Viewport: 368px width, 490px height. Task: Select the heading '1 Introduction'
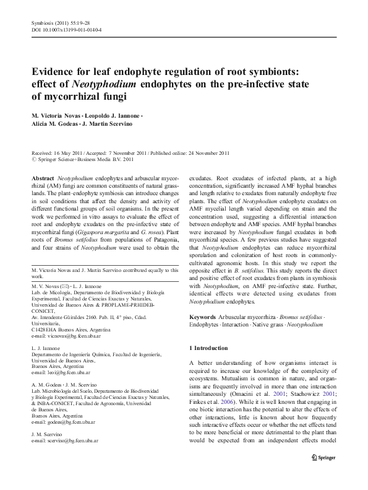pyautogui.click(x=210, y=348)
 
